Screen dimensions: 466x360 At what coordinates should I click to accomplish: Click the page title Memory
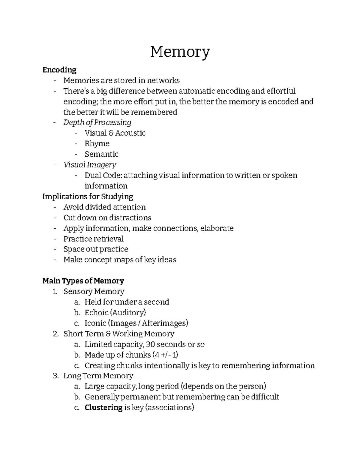[x=180, y=52]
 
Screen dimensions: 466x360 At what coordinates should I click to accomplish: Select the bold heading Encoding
[x=59, y=70]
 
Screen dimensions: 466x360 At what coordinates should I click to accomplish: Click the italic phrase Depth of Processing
[x=97, y=122]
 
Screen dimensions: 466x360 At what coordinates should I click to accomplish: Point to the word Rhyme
[x=97, y=143]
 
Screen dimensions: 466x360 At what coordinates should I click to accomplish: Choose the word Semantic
[x=101, y=154]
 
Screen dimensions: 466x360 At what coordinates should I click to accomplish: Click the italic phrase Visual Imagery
[x=90, y=165]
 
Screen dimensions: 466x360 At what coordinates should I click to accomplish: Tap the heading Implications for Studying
[x=88, y=197]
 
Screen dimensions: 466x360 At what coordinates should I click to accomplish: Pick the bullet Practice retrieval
[x=93, y=239]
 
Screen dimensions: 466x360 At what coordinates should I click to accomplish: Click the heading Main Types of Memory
[x=83, y=281]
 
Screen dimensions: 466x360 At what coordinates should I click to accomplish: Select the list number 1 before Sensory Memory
[x=55, y=291]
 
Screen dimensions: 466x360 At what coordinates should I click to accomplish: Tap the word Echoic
[x=96, y=313]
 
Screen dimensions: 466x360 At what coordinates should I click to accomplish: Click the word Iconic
[x=95, y=323]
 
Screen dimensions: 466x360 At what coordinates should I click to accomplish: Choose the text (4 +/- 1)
[x=165, y=355]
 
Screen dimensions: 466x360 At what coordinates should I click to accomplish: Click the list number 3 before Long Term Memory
[x=55, y=376]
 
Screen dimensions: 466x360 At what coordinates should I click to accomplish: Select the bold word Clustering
[x=103, y=407]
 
